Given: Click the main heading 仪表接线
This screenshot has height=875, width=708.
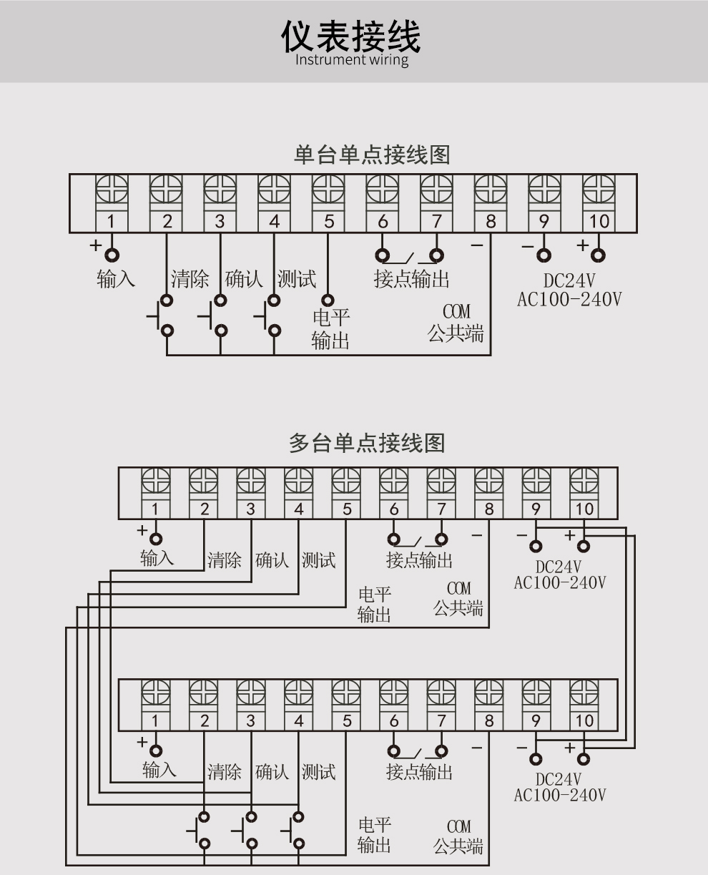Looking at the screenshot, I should (x=350, y=36).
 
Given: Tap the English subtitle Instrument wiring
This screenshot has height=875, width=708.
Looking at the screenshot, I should (x=352, y=59).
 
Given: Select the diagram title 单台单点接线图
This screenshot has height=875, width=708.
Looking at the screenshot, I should (x=372, y=155).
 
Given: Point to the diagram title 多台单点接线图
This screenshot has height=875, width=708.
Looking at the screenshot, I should (x=367, y=443).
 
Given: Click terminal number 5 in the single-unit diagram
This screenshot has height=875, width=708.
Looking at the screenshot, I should (x=329, y=221).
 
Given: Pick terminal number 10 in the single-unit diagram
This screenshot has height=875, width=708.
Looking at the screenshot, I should (x=599, y=221).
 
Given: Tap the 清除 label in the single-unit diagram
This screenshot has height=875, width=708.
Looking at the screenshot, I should (x=190, y=278).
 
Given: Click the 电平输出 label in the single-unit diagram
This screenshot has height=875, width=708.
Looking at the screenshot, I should (x=330, y=328).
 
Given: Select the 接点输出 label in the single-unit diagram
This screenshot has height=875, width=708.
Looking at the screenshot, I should (x=411, y=279).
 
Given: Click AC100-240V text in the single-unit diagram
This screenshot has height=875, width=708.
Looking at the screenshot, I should (x=569, y=298).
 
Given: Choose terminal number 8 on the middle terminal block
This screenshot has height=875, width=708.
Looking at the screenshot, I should (x=489, y=509).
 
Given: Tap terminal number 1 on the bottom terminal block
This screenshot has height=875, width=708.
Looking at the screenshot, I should (x=155, y=720).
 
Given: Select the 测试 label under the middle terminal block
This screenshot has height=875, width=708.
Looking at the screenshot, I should (x=318, y=559).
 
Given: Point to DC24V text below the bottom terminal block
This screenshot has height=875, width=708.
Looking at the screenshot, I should (x=559, y=779).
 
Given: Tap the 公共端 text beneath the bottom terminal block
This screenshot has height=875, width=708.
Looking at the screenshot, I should (x=458, y=848).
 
